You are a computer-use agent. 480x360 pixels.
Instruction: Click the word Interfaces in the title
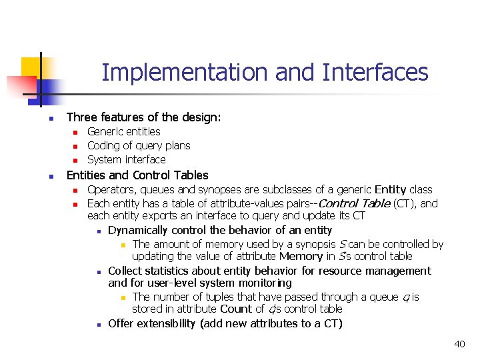pos(375,72)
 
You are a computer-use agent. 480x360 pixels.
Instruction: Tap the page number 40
pos(459,344)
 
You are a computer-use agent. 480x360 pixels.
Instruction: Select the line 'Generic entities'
pos(124,132)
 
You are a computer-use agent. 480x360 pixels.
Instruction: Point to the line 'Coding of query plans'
pos(139,146)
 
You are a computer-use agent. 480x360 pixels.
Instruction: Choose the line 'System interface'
pos(127,160)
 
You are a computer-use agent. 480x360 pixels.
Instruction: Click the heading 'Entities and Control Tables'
pos(137,175)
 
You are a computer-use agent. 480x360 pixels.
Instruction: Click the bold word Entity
pos(390,190)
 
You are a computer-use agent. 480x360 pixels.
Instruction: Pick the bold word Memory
pos(301,257)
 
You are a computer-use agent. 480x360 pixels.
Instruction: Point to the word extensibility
pos(167,324)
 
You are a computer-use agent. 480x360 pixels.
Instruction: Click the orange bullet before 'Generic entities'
pos(75,132)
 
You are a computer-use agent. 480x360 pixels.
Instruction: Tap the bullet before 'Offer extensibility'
pos(97,324)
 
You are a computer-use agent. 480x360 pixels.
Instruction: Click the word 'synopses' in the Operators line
pos(205,190)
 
